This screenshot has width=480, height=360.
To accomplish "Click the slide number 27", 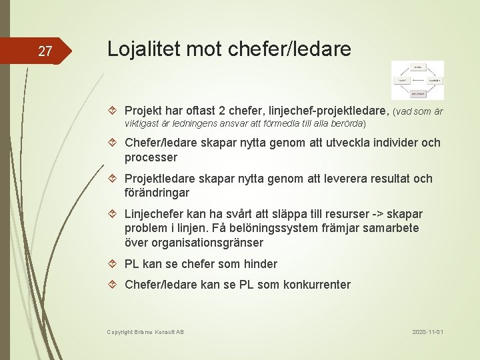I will (45, 51).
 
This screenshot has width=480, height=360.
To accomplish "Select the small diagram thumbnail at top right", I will (417, 80).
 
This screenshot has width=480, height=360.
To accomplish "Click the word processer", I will (151, 157).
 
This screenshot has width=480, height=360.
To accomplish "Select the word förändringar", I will (157, 193).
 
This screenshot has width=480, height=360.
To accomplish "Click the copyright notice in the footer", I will (145, 331).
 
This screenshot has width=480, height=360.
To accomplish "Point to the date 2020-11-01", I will (427, 331).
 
